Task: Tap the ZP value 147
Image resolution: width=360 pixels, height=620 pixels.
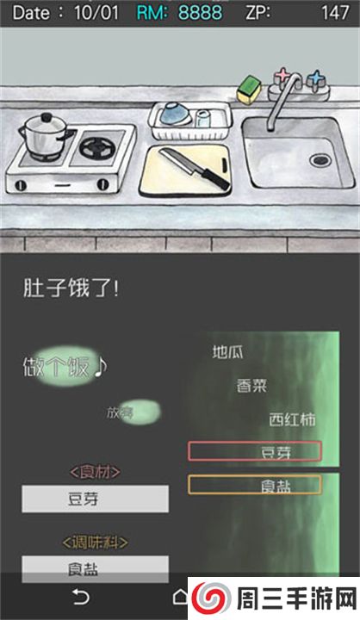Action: pos(334,13)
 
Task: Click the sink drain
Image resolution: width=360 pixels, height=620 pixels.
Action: pos(320,159)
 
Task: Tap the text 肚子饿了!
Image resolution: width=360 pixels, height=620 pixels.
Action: pos(71,288)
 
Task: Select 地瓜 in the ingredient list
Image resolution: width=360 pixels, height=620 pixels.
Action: pos(228,351)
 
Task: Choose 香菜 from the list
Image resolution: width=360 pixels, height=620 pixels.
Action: pos(252,386)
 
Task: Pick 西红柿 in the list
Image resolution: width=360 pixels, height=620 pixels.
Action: pos(291,420)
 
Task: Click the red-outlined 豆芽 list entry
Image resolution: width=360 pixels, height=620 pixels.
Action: pos(254,452)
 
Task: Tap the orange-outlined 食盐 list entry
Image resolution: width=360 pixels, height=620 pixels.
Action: pos(254,485)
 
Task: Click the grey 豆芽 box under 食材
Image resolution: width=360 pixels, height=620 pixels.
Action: pos(95,499)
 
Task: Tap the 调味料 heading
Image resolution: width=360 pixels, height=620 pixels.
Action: pos(95,542)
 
